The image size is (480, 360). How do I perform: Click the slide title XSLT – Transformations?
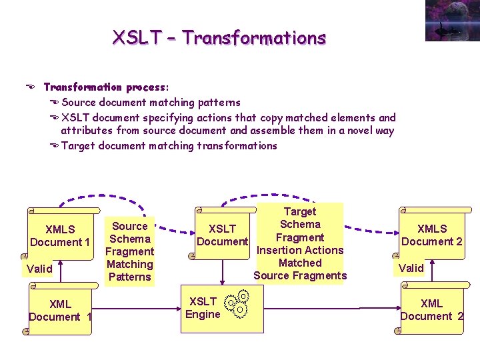click(219, 37)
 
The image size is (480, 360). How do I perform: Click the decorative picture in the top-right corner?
click(452, 21)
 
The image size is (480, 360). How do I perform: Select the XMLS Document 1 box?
click(60, 235)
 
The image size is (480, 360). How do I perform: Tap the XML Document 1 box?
click(60, 310)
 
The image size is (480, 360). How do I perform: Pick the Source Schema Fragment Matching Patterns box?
click(130, 251)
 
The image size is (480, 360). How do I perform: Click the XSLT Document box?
click(222, 235)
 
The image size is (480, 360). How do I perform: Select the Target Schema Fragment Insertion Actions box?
click(300, 243)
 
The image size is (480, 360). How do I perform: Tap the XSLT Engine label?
click(203, 308)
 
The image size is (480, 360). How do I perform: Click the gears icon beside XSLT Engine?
click(238, 303)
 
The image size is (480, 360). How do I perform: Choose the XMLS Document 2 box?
click(431, 235)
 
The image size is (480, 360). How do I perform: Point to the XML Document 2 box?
click(431, 310)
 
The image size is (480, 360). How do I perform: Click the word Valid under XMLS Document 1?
click(39, 269)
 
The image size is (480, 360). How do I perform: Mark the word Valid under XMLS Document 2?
click(411, 267)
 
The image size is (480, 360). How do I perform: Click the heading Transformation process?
click(106, 87)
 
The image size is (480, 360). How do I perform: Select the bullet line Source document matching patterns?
click(151, 103)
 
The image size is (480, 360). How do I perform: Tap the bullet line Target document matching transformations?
click(169, 145)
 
